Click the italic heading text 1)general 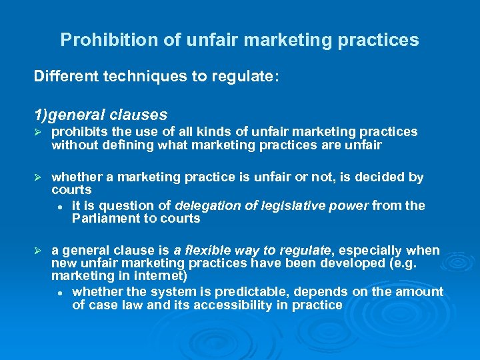[x=64, y=115]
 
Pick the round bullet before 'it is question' [x=60, y=205]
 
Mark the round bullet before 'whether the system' [x=60, y=292]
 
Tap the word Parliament [x=103, y=219]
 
